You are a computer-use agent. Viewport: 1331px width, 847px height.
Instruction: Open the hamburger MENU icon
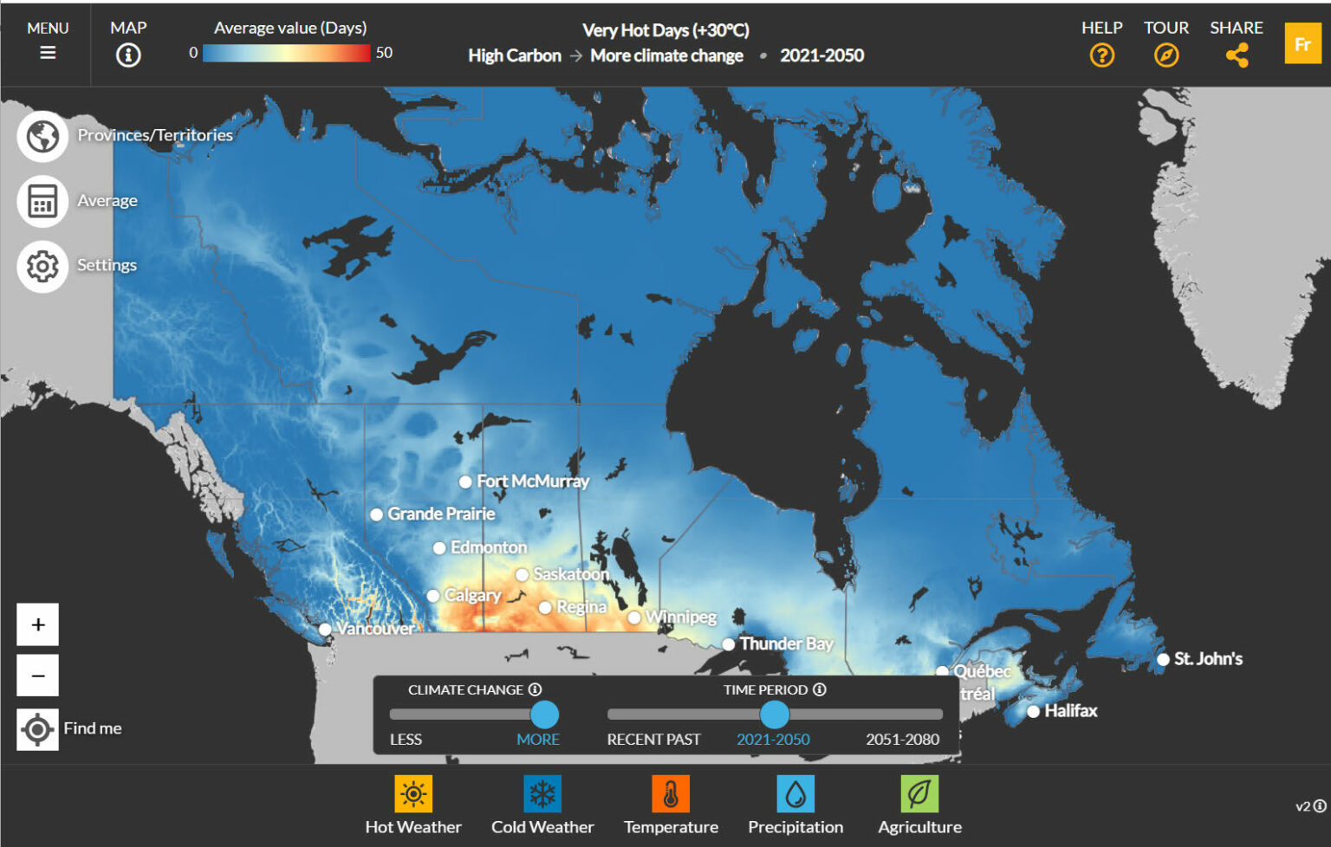[48, 53]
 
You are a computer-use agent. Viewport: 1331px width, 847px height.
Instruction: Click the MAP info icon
[128, 55]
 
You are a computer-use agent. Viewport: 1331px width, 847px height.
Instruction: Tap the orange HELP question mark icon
[1101, 55]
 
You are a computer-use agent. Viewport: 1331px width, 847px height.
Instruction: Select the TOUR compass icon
[1166, 55]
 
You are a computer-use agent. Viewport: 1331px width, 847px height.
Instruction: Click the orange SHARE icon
[1237, 55]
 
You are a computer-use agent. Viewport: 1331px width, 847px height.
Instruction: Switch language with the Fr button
[1302, 45]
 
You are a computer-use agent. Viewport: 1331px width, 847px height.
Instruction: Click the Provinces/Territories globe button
[42, 136]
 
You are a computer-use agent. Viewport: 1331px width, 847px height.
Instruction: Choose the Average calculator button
[42, 201]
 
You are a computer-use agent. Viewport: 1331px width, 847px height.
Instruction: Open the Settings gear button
[42, 266]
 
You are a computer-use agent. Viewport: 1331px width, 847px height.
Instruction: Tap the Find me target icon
[37, 729]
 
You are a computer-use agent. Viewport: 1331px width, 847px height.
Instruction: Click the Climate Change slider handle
[544, 714]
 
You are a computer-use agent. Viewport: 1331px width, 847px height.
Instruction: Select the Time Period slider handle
[774, 714]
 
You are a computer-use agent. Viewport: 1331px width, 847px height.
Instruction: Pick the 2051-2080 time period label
[902, 740]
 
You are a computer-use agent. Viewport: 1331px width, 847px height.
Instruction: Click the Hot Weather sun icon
[413, 793]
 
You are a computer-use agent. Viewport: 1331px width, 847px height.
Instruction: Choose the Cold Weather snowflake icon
[542, 793]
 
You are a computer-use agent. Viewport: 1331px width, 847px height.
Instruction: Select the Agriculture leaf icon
[919, 793]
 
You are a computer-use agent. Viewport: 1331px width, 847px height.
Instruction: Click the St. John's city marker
[1163, 660]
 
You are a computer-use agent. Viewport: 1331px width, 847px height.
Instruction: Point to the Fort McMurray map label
[532, 482]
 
